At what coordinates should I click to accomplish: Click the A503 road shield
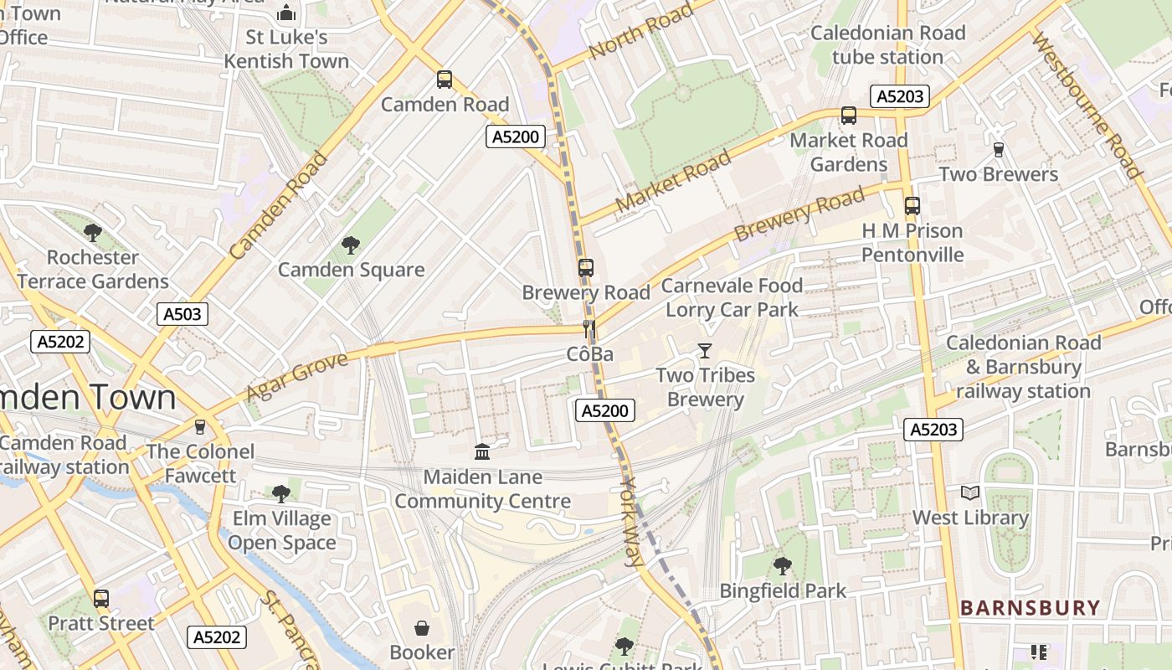tap(182, 314)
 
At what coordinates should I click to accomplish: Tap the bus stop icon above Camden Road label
tap(445, 80)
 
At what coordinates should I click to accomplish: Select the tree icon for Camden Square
tap(351, 245)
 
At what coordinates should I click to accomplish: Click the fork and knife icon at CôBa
tap(590, 329)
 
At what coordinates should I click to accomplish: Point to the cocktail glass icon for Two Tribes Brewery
tap(705, 350)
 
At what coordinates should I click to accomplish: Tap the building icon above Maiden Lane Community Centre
tap(482, 452)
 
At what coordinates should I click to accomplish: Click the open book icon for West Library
tap(970, 492)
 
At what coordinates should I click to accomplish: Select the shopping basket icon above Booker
tap(422, 627)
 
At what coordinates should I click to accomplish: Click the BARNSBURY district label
tap(1030, 608)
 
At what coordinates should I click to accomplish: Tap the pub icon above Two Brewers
tap(998, 150)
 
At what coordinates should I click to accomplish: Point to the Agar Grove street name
tap(296, 376)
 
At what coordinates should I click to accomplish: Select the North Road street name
tap(640, 31)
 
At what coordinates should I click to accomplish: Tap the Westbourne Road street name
tap(1087, 106)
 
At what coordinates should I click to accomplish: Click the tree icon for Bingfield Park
tap(783, 566)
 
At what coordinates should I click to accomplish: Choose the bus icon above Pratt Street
tap(101, 599)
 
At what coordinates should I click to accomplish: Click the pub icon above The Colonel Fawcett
tap(199, 427)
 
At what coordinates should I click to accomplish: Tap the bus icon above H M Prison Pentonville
tap(912, 205)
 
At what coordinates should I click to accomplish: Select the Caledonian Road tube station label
tap(887, 45)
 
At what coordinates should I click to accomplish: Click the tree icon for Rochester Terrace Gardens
tap(93, 232)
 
